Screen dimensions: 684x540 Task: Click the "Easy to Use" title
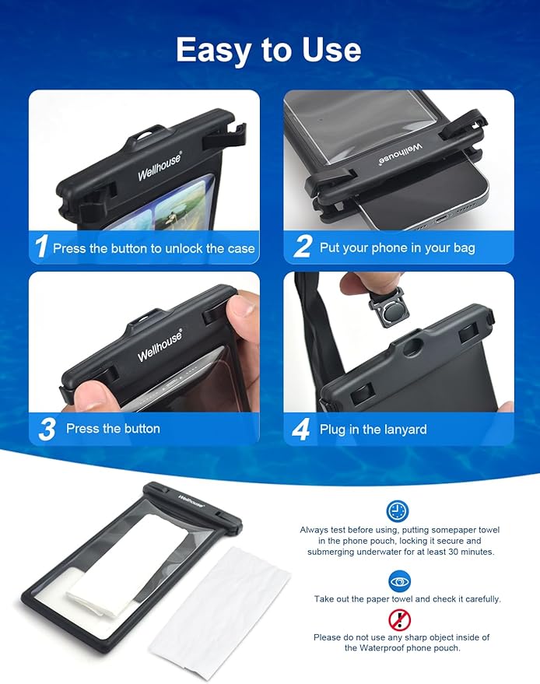pyautogui.click(x=268, y=49)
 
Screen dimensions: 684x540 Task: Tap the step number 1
pyautogui.click(x=41, y=247)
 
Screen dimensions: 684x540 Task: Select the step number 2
pyautogui.click(x=302, y=247)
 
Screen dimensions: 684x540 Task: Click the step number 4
pyautogui.click(x=302, y=429)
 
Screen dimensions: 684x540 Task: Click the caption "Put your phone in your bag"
pyautogui.click(x=397, y=248)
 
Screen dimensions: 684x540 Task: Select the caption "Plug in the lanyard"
pyautogui.click(x=373, y=429)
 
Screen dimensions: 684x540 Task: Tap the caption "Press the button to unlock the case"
pyautogui.click(x=153, y=248)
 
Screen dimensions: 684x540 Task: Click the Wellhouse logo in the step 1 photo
pyautogui.click(x=160, y=164)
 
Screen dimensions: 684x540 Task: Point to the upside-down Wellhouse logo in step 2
pyautogui.click(x=401, y=151)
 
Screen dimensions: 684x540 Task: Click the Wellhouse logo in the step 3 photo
pyautogui.click(x=160, y=345)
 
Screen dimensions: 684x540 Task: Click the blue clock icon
pyautogui.click(x=398, y=510)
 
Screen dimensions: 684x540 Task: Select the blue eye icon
pyautogui.click(x=399, y=581)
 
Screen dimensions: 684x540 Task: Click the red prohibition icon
pyautogui.click(x=399, y=619)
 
